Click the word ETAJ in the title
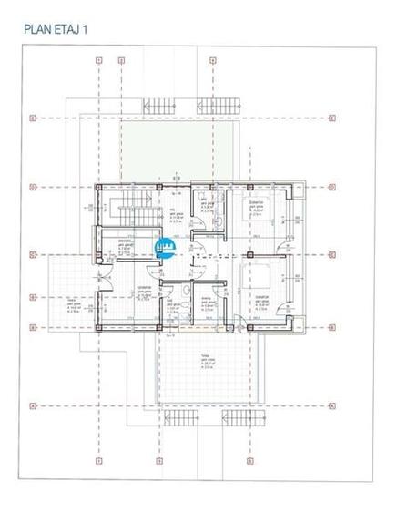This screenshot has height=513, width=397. point(72,29)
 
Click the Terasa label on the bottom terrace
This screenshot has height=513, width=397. point(206,358)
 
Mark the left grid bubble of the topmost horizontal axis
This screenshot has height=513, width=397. point(31,118)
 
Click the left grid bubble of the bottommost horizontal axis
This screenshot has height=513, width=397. point(31,405)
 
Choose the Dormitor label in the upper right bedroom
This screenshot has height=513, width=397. point(258,202)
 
